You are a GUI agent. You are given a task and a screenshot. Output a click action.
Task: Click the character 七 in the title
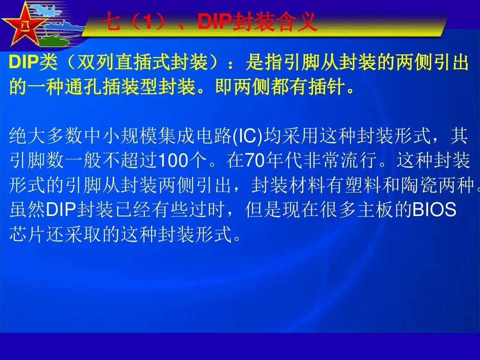tap(114, 22)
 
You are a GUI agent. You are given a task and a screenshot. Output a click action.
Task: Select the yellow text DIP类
tap(34, 64)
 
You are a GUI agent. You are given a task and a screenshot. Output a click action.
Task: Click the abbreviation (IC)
tap(248, 136)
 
